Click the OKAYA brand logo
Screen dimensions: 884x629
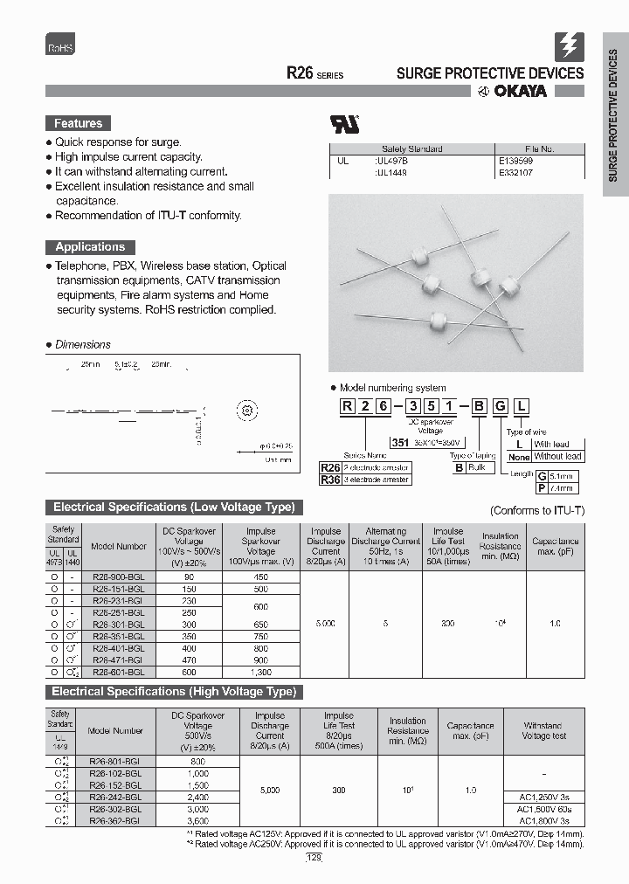coord(512,92)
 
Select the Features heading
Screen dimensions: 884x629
coord(79,124)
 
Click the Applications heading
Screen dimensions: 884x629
coord(90,247)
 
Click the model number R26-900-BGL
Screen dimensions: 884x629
coord(118,577)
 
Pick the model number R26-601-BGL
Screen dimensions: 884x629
coord(118,673)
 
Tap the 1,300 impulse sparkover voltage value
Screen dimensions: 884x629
coord(260,673)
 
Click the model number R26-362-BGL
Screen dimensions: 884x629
coord(115,821)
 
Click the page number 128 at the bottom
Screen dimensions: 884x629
coord(314,859)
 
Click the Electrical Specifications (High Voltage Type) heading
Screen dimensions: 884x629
coord(175,692)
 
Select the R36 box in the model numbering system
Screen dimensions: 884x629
coord(329,480)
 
